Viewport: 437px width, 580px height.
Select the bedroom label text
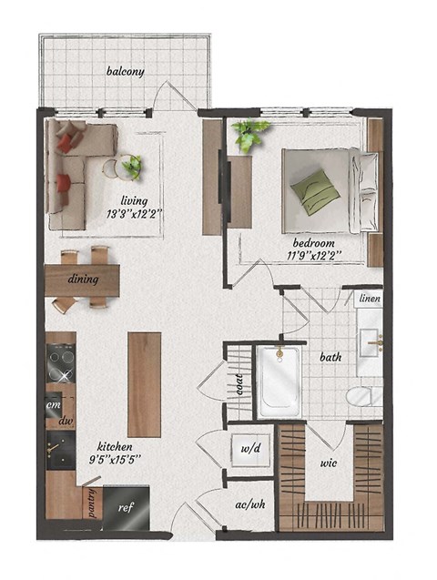click(x=313, y=244)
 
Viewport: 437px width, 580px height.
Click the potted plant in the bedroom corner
click(x=249, y=136)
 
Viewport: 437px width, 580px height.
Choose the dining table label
click(x=83, y=280)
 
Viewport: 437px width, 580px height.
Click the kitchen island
click(x=144, y=384)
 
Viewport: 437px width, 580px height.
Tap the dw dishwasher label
click(x=65, y=422)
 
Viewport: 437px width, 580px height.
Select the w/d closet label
click(x=250, y=448)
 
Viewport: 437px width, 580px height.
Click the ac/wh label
click(x=249, y=504)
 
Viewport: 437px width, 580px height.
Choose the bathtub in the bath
click(x=278, y=382)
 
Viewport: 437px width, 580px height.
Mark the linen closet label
click(x=370, y=299)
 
